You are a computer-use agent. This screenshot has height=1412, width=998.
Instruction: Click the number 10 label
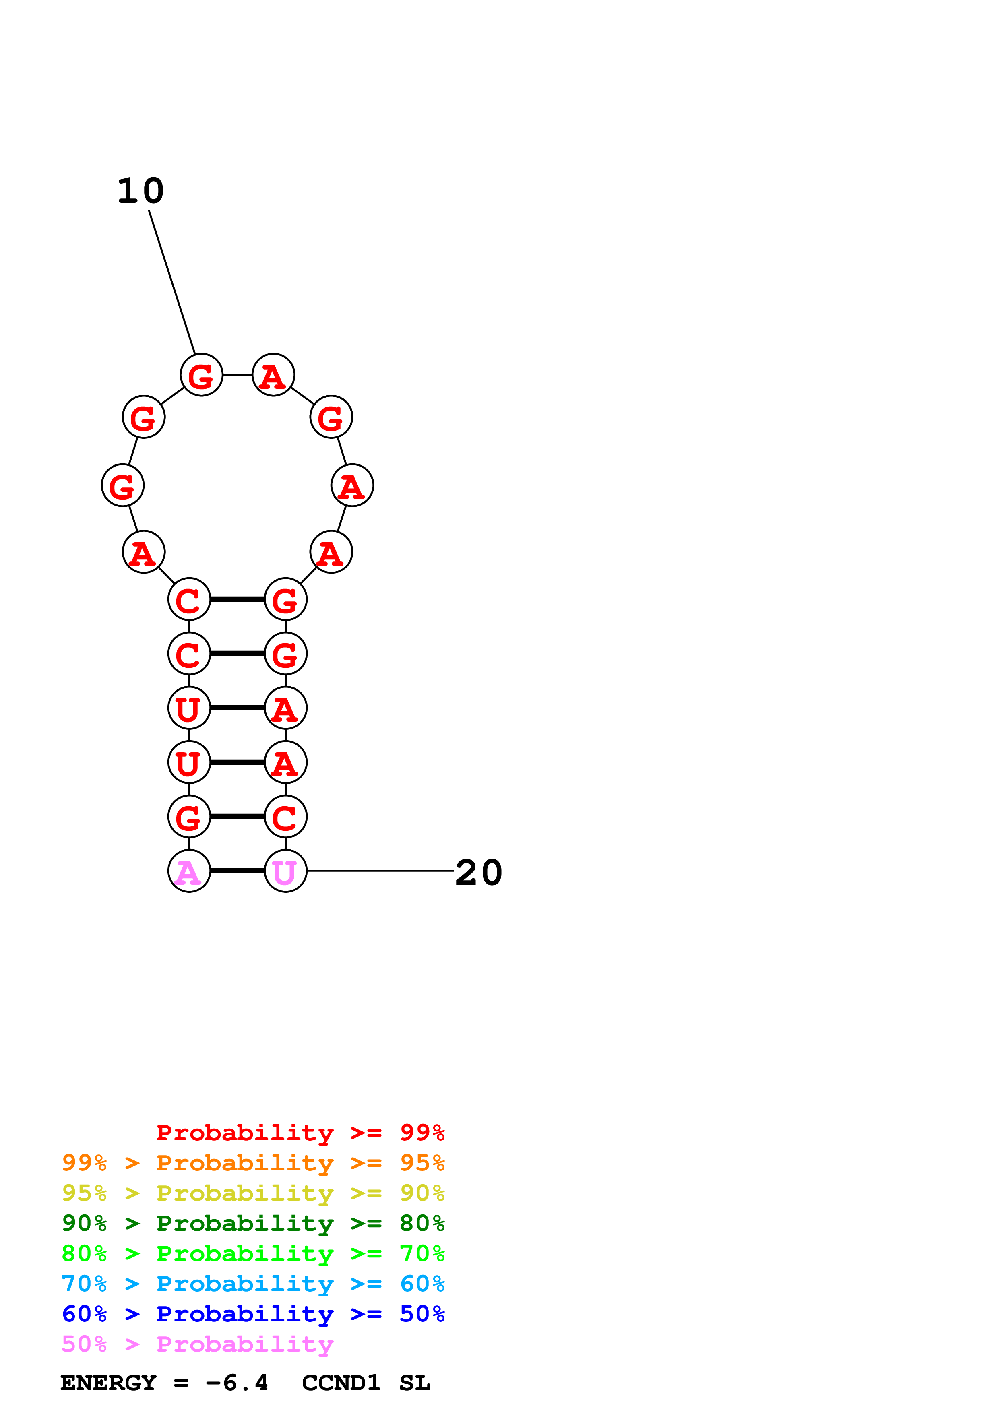(x=141, y=191)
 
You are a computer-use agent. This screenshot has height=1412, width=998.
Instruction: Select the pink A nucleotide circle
(x=189, y=871)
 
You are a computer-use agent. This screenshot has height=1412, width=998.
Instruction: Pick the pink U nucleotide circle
(x=285, y=871)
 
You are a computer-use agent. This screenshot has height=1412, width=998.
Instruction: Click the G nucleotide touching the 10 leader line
(x=201, y=374)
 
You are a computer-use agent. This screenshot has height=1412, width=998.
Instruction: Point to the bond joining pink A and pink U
(x=238, y=871)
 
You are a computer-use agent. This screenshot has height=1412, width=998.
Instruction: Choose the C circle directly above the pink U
(x=285, y=817)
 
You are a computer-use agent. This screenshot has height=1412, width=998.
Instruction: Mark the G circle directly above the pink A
(x=189, y=817)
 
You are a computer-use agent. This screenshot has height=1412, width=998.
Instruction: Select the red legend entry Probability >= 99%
(x=300, y=1133)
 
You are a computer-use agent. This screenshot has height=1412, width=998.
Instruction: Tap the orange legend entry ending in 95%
(x=253, y=1163)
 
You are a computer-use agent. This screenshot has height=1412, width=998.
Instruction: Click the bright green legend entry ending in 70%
(x=253, y=1253)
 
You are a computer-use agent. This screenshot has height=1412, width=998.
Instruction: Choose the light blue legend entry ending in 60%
(x=253, y=1284)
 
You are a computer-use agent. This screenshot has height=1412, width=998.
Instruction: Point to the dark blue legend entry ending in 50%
(x=253, y=1314)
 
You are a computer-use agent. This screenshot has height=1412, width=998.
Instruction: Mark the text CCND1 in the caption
(x=341, y=1383)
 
